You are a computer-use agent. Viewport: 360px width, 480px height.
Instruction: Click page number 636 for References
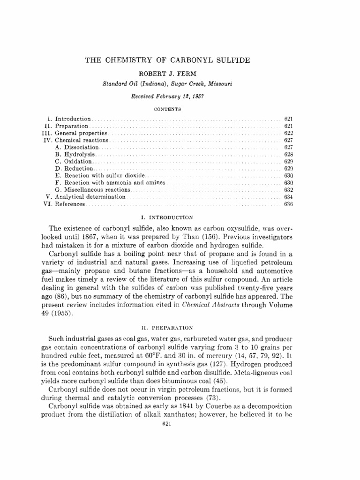coord(288,204)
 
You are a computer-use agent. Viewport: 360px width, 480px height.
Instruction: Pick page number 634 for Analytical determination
coord(288,197)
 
